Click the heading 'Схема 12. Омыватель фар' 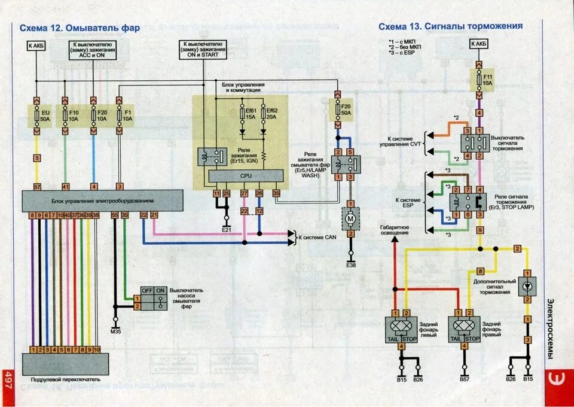coord(80,28)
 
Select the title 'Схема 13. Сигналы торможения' coord(451,26)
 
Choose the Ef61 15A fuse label coord(250,114)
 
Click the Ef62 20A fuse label coord(272,114)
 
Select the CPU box coord(245,176)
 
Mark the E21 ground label coord(226,229)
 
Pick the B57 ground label coord(464,379)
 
